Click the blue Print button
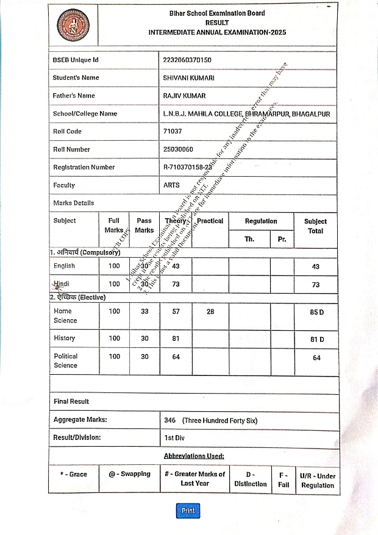[188, 511]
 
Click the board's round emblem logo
[71, 25]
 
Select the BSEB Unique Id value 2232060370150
[187, 60]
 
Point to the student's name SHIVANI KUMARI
[188, 78]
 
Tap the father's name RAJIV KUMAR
[184, 96]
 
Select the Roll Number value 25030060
[178, 149]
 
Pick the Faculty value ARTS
[171, 185]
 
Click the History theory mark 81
[176, 338]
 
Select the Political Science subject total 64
[316, 358]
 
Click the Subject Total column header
[315, 226]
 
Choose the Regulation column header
[261, 221]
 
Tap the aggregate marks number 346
[170, 420]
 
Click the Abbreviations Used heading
[194, 456]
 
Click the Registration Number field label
[84, 167]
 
